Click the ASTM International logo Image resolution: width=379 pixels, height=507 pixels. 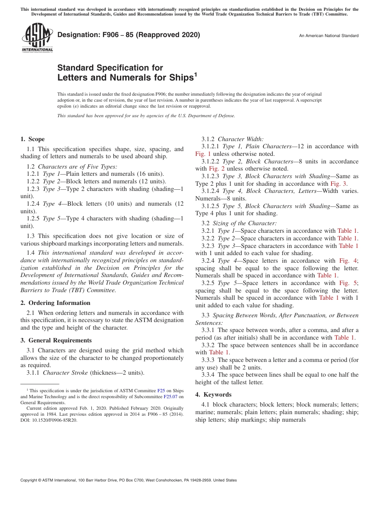[x=37, y=37]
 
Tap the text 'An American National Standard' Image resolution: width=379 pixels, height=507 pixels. [x=329, y=36]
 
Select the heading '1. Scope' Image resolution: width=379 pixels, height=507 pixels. [x=32, y=139]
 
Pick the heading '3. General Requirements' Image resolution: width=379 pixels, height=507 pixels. [x=56, y=340]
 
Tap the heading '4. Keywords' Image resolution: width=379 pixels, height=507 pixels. [x=213, y=395]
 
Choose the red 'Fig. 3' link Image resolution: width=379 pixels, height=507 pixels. [x=339, y=184]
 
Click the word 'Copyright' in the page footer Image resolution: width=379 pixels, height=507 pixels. [x=29, y=480]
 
